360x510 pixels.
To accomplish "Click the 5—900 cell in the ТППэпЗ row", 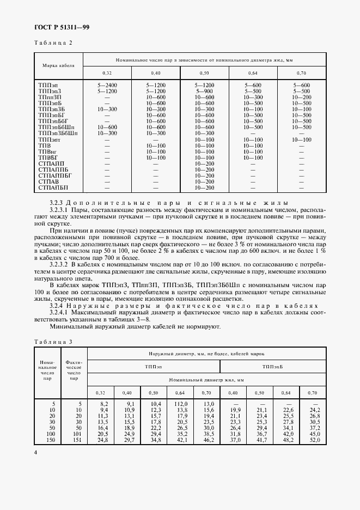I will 204,91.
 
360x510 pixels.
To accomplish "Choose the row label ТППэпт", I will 50,139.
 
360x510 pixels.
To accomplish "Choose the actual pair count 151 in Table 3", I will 75,440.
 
